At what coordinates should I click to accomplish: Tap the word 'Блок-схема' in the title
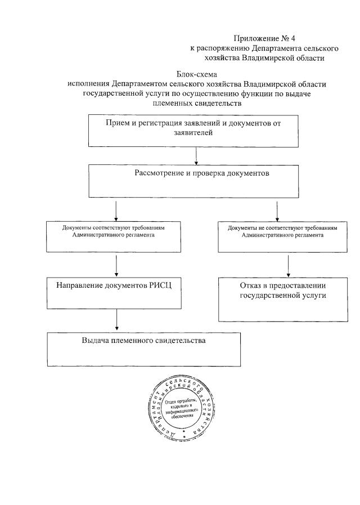click(196, 74)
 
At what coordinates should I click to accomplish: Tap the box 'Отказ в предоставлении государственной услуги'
click(282, 297)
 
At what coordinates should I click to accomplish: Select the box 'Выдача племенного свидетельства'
click(143, 349)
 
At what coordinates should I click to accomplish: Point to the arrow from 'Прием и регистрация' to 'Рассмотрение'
click(195, 155)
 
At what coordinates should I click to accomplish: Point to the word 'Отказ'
click(251, 285)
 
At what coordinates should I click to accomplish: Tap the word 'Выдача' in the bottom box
click(97, 341)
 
